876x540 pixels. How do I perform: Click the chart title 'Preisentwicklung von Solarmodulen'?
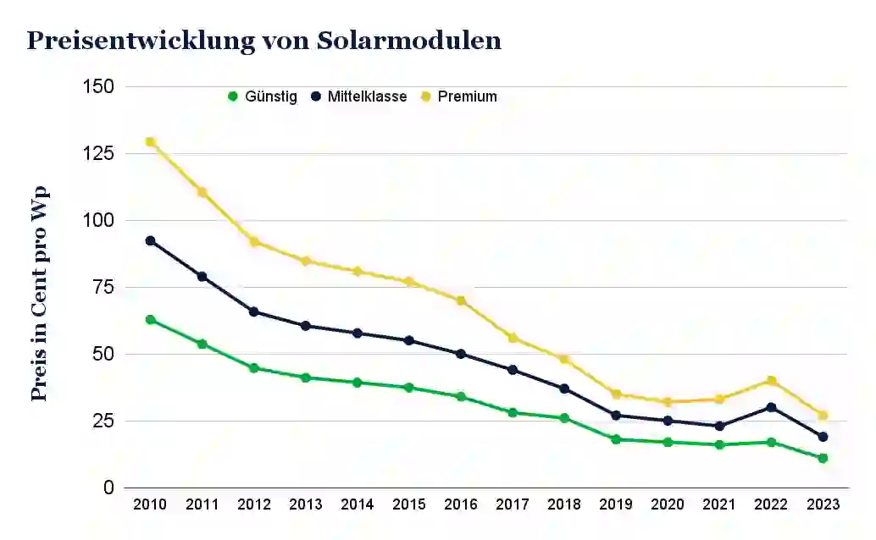263,41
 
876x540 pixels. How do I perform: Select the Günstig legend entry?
263,96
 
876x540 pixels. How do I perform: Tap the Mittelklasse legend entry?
359,96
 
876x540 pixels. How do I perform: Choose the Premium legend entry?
459,96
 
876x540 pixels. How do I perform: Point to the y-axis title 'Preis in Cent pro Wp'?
39,293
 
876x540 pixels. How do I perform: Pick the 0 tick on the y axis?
108,488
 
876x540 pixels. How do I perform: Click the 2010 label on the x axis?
151,504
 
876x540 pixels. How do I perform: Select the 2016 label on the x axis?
461,504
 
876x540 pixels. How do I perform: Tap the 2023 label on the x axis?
823,504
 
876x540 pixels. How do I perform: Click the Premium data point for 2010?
151,142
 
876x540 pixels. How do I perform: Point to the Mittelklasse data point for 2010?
151,240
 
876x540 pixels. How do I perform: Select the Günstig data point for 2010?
151,320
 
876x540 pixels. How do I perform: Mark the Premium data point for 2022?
771,381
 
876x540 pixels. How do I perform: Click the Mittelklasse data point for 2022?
771,407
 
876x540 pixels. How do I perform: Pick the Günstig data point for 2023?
823,458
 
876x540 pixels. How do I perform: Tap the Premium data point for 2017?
513,338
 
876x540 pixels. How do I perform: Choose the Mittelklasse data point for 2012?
254,311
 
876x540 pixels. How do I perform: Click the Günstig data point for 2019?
616,439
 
